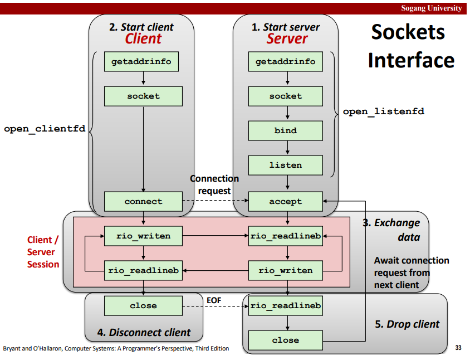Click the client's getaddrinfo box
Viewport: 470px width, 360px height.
pos(141,61)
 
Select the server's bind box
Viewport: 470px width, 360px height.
pos(285,130)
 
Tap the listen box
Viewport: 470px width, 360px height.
pos(285,165)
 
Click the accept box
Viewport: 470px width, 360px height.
pos(285,201)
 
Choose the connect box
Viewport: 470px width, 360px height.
pos(143,201)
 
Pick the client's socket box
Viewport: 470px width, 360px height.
pos(143,96)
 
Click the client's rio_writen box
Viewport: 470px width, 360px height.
pos(143,236)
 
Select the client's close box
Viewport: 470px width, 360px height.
pos(143,306)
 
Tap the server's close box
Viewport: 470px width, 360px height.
pos(285,340)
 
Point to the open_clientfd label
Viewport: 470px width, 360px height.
pos(45,129)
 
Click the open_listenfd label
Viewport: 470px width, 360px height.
pos(384,111)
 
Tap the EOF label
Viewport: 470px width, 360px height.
pos(214,300)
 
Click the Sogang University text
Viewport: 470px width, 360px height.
pos(432,8)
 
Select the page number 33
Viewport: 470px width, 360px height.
pos(458,348)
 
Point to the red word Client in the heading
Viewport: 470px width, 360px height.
pos(143,38)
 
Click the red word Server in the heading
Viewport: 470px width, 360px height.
pos(287,38)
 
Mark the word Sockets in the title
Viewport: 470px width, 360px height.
pos(408,32)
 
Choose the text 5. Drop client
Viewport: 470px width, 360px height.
pos(407,324)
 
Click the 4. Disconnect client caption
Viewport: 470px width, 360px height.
pos(144,332)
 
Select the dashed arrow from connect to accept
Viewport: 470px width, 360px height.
pos(216,201)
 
